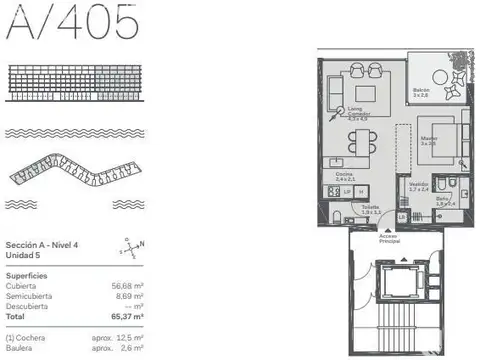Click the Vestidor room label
[419, 186]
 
